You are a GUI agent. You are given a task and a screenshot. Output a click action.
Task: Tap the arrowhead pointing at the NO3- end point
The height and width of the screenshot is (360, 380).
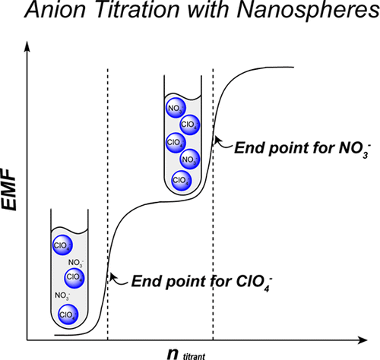[218, 137]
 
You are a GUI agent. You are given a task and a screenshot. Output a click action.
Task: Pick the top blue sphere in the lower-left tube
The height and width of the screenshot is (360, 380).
[62, 245]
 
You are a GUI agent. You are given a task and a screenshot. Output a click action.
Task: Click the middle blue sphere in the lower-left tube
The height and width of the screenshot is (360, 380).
[74, 276]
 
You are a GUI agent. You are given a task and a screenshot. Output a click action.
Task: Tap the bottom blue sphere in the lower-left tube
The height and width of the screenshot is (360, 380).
[66, 311]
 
